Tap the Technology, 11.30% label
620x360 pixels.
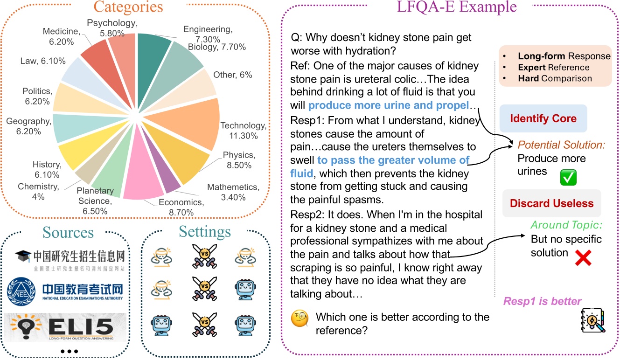[x=243, y=131]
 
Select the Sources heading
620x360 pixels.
[x=68, y=232]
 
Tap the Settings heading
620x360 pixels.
[x=205, y=232]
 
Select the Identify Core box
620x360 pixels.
[x=543, y=118]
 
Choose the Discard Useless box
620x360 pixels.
[x=551, y=203]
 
